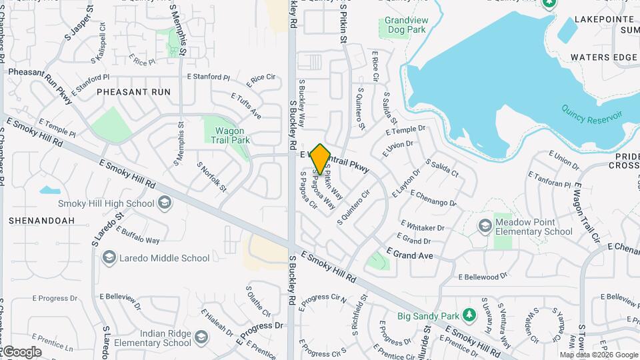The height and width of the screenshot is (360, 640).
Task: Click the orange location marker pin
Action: tap(321, 159)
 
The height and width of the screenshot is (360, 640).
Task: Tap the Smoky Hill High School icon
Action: tap(164, 203)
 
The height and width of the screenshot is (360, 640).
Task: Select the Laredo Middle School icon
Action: tap(109, 258)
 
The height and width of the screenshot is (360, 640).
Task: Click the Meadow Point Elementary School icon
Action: tap(485, 227)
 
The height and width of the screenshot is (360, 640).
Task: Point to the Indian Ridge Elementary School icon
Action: tap(201, 338)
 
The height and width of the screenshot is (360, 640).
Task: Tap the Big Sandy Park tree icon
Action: tap(469, 315)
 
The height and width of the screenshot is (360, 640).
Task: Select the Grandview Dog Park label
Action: tap(406, 25)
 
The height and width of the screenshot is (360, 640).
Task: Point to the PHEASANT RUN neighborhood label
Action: tap(133, 92)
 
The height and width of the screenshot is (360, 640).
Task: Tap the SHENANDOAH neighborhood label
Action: tap(41, 220)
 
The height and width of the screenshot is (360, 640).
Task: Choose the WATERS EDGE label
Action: tap(603, 57)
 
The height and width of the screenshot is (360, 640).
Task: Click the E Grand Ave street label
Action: tap(409, 255)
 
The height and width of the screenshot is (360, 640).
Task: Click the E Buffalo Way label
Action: tap(137, 235)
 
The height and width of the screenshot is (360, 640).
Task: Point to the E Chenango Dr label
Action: tap(433, 198)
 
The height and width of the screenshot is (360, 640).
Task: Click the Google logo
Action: tap(22, 352)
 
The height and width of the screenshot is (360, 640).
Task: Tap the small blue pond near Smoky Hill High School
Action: tap(50, 190)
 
